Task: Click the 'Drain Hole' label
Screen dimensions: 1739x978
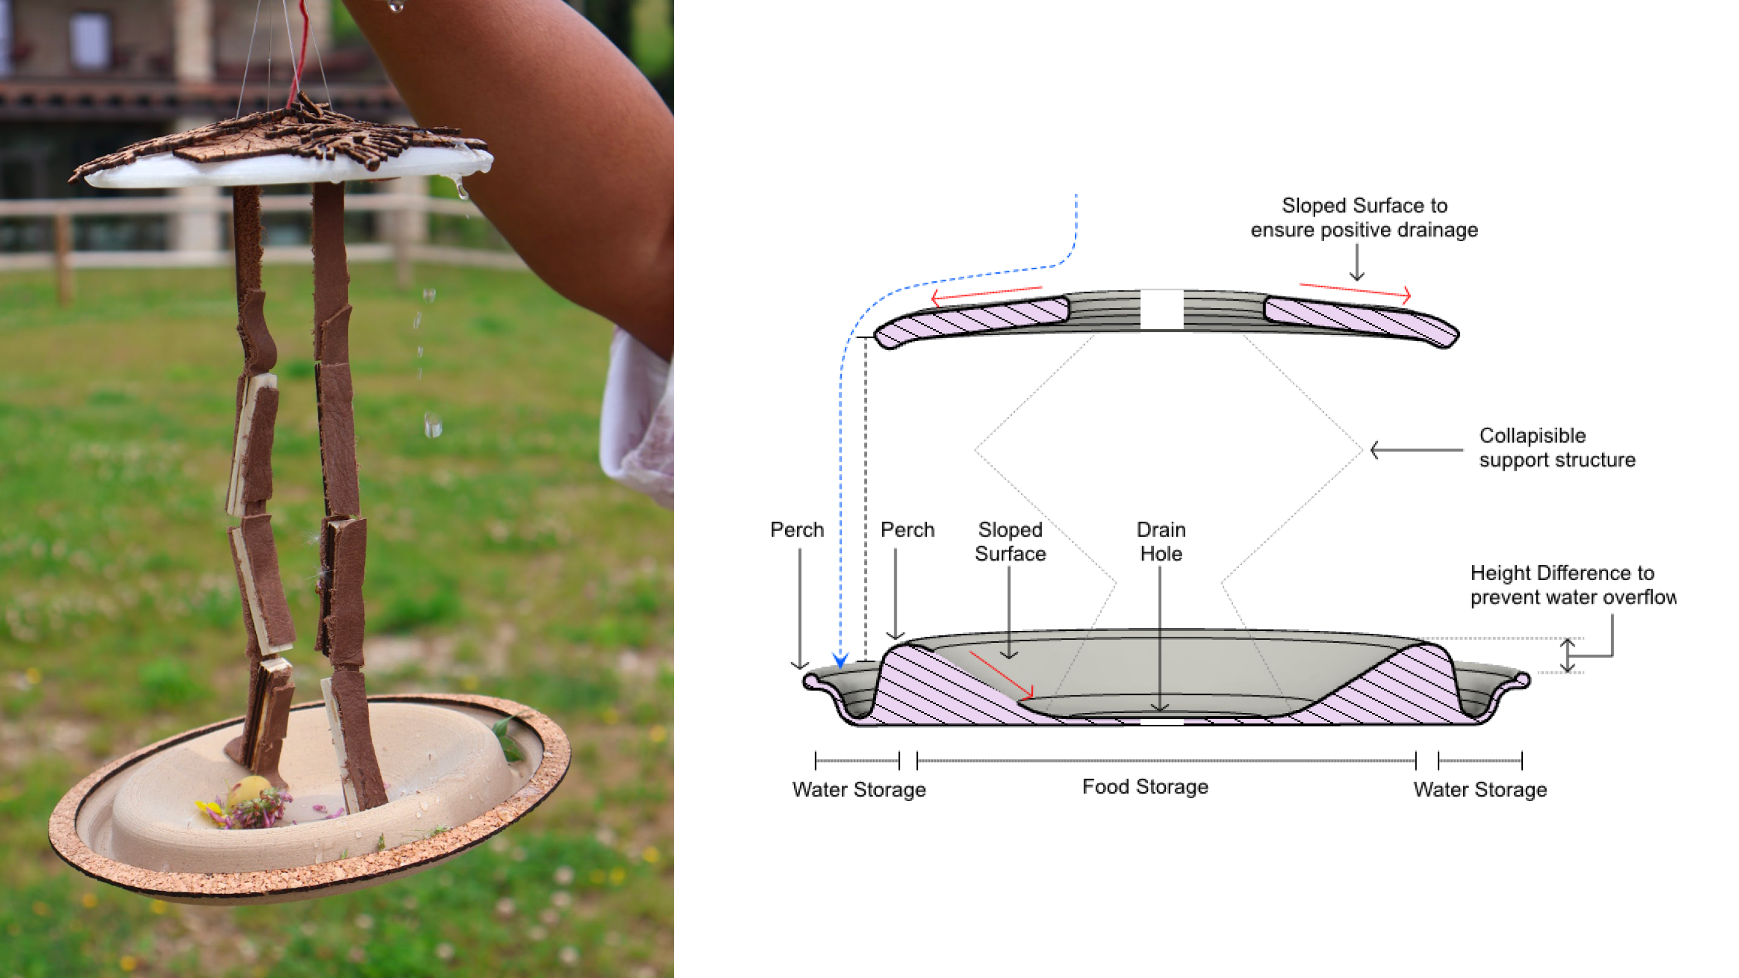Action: click(x=1161, y=542)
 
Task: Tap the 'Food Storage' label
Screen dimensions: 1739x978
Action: click(x=1145, y=786)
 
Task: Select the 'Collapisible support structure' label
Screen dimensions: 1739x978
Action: click(x=1557, y=447)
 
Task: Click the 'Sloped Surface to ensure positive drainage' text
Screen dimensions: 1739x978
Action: click(x=1365, y=217)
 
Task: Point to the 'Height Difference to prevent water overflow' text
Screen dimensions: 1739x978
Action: click(x=1572, y=584)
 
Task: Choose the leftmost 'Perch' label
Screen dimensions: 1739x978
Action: click(x=796, y=530)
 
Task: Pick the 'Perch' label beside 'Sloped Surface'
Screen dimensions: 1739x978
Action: click(x=908, y=530)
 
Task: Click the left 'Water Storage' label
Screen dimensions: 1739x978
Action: click(x=859, y=789)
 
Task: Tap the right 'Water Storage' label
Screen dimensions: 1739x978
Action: click(x=1480, y=789)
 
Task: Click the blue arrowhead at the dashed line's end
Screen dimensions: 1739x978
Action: click(x=840, y=659)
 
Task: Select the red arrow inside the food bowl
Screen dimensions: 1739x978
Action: click(x=1001, y=674)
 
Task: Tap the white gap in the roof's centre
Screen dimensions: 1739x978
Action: click(x=1161, y=310)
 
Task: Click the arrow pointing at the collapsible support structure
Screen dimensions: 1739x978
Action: click(x=1417, y=450)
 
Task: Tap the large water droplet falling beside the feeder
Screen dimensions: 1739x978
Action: click(x=433, y=424)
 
